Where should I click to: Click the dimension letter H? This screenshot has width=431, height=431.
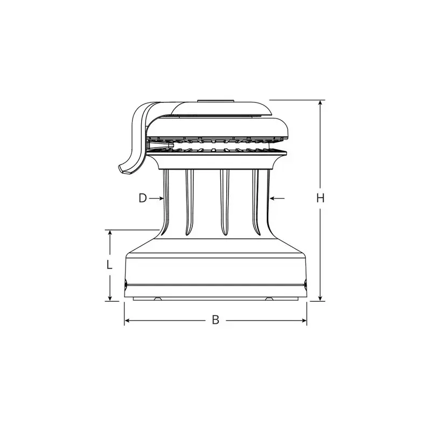tap(320, 198)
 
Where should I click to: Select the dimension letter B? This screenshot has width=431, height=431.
tap(216, 320)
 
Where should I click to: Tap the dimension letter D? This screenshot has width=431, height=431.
tap(143, 198)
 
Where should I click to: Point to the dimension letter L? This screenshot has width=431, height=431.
tap(109, 265)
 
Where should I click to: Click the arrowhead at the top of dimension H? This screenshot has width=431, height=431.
tap(320, 103)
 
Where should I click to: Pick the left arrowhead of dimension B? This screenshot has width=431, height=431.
tap(128, 321)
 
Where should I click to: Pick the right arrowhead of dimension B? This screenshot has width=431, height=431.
tap(303, 321)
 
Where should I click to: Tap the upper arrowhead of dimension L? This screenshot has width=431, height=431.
tap(110, 233)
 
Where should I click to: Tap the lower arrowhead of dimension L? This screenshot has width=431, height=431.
tap(110, 298)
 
